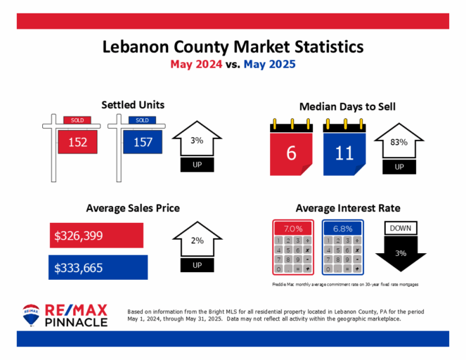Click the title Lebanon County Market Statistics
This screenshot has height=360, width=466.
pos(233,47)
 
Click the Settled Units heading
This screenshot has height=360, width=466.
pos(133,105)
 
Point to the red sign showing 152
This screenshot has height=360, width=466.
pos(77,143)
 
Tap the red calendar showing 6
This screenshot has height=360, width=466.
pos(291,150)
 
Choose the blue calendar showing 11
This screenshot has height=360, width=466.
pos(344,150)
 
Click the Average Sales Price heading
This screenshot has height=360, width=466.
pos(133,208)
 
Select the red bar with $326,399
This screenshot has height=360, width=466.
pos(98,235)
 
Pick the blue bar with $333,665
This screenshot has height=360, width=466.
pos(99,266)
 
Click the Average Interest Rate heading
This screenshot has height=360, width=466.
pos(348,208)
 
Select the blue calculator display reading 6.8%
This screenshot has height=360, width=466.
pos(343,229)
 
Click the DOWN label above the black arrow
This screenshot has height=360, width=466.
pos(400,228)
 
